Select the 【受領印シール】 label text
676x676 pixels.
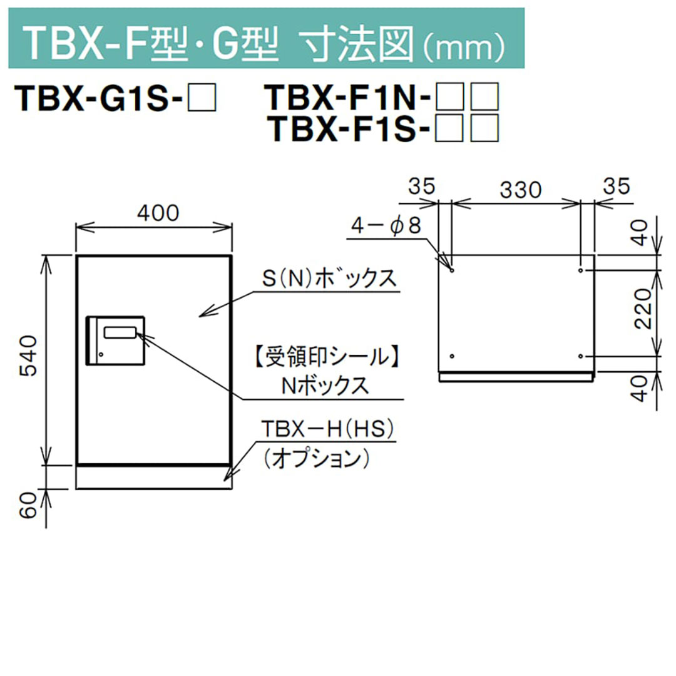coord(326,357)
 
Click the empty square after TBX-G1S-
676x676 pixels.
coord(203,98)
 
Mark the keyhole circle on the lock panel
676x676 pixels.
coord(100,356)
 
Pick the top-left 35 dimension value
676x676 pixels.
coord(422,186)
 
